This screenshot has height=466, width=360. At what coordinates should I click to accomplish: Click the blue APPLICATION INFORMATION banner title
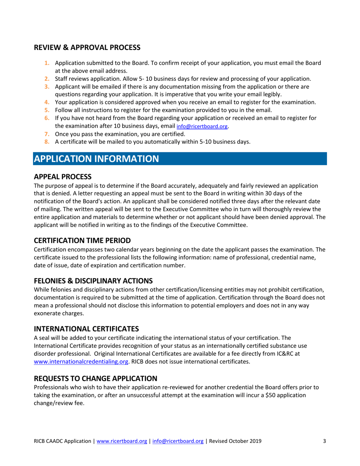96,158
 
